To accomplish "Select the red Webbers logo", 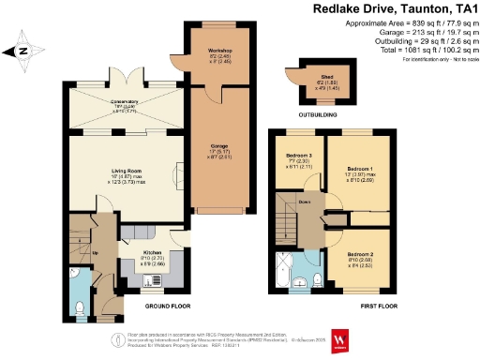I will tap(341, 337).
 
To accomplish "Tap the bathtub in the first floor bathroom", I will tap(284, 270).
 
